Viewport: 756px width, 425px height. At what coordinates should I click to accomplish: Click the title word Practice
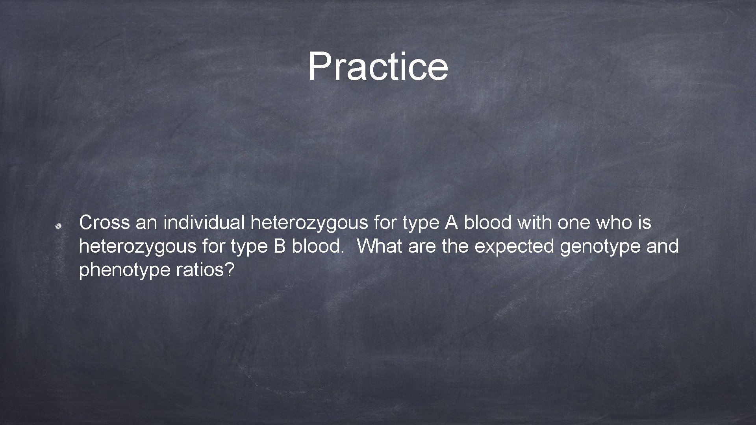tap(378, 67)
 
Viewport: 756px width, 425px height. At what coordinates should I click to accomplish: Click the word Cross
tap(104, 223)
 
